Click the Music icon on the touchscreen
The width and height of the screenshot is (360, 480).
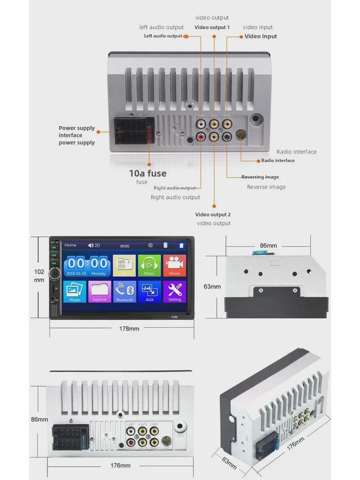click(149, 266)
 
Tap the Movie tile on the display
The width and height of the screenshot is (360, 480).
click(174, 266)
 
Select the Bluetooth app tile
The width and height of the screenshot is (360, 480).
click(124, 292)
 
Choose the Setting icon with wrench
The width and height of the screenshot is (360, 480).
click(174, 292)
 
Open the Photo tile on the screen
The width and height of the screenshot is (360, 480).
click(75, 292)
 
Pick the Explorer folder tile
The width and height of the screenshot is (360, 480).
click(99, 292)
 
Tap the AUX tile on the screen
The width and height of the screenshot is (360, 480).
click(149, 292)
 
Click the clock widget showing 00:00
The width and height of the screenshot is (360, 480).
click(87, 265)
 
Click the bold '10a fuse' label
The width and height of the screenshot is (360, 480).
click(148, 173)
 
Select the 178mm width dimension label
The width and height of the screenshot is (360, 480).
click(129, 329)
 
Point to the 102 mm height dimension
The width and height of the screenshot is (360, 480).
click(39, 276)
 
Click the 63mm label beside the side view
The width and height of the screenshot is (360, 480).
click(212, 286)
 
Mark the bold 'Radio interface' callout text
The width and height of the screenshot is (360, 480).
click(278, 161)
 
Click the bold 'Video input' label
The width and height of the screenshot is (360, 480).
click(261, 37)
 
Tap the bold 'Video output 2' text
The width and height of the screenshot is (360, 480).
click(213, 215)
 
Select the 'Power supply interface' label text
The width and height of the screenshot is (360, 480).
click(77, 132)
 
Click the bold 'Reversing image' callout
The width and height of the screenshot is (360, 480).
click(260, 177)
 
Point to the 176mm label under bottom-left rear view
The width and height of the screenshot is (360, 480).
click(120, 465)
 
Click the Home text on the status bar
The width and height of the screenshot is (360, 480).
click(70, 245)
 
